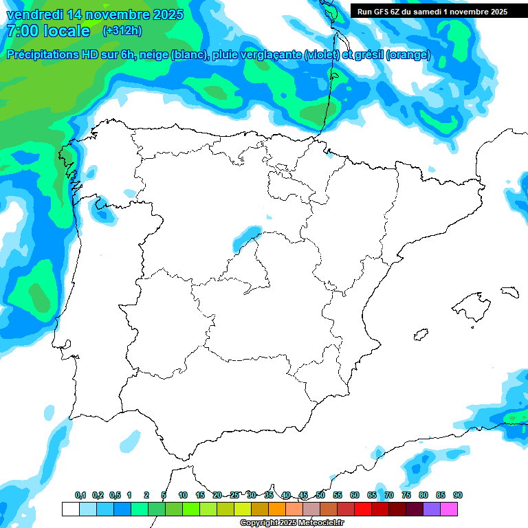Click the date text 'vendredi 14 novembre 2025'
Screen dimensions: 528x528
[x=95, y=14]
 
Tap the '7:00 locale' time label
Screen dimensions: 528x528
[x=47, y=31]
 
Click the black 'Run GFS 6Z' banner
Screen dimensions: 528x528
[x=432, y=11]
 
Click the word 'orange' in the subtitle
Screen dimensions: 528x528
[x=410, y=55]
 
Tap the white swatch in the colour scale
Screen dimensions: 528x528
[x=70, y=509]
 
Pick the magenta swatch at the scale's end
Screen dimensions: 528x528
[x=449, y=509]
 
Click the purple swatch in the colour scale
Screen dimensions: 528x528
[x=432, y=509]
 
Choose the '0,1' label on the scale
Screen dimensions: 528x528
[x=80, y=495]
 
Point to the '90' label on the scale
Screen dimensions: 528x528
[x=458, y=495]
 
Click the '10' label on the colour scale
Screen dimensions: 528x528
[x=182, y=495]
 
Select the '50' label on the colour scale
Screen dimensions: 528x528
[x=320, y=495]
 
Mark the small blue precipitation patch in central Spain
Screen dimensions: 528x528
[x=247, y=235]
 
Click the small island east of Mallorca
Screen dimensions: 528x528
[x=509, y=291]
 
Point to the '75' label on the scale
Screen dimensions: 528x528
[x=406, y=495]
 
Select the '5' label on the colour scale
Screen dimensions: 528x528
[x=164, y=495]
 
